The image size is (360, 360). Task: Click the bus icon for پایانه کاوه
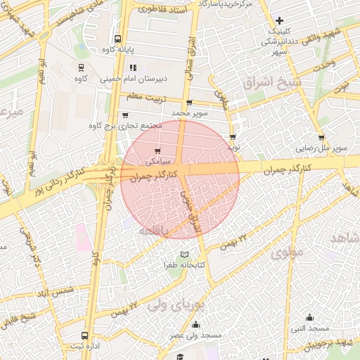point(117,39)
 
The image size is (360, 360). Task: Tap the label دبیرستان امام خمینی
point(137,79)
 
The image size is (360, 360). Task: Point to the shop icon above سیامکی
point(157,150)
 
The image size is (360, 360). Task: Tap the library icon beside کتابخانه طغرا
point(184,254)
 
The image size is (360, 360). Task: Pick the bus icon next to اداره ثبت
point(85,335)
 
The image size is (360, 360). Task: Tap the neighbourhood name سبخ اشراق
point(266,82)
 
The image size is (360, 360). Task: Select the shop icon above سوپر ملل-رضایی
point(321,138)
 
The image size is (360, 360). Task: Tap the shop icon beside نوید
point(232,138)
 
